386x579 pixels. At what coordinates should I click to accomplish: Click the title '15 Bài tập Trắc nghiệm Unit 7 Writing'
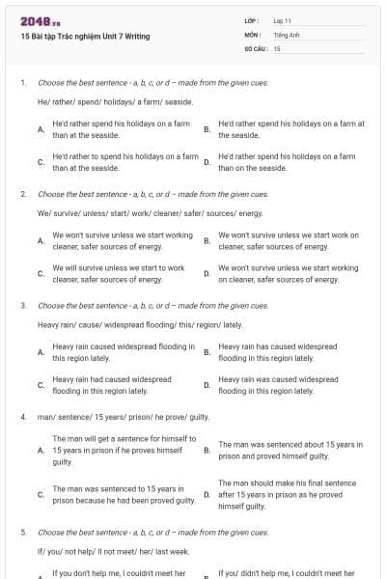point(85,37)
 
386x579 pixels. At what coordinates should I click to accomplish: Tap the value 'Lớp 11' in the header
point(283,19)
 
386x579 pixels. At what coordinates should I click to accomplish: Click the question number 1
point(23,84)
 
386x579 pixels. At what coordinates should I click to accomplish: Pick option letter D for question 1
point(207,161)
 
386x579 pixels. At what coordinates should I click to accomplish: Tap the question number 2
point(23,194)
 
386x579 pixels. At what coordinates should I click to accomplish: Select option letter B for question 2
point(207,240)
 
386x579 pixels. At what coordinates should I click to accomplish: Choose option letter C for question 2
point(41,273)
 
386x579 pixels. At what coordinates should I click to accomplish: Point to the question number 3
point(23,305)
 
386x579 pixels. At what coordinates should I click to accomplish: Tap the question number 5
point(23,532)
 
